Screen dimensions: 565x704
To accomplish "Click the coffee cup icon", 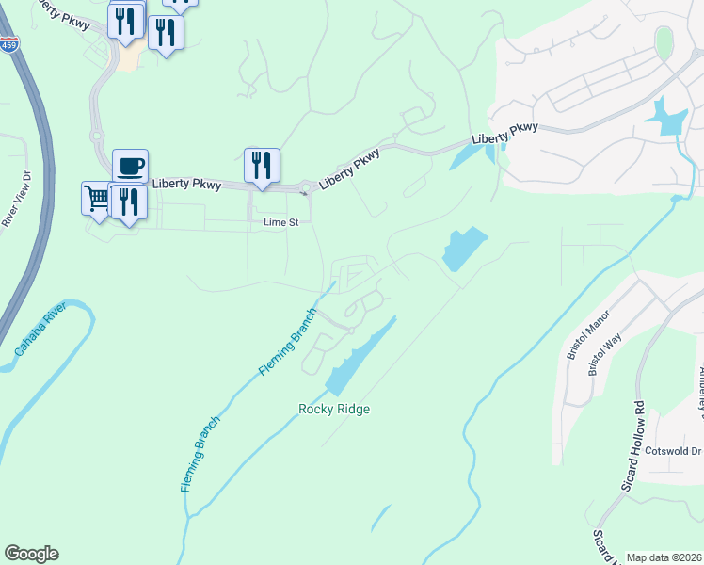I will (x=130, y=167).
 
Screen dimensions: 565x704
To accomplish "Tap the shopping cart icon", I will (x=96, y=197).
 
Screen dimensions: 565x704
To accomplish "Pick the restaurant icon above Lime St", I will (x=261, y=165).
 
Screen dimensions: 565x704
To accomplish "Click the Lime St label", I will (x=280, y=222).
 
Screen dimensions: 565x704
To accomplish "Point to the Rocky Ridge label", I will (x=334, y=409).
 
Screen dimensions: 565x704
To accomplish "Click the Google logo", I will (x=31, y=554).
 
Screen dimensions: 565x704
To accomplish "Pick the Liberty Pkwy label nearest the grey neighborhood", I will (x=504, y=134).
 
